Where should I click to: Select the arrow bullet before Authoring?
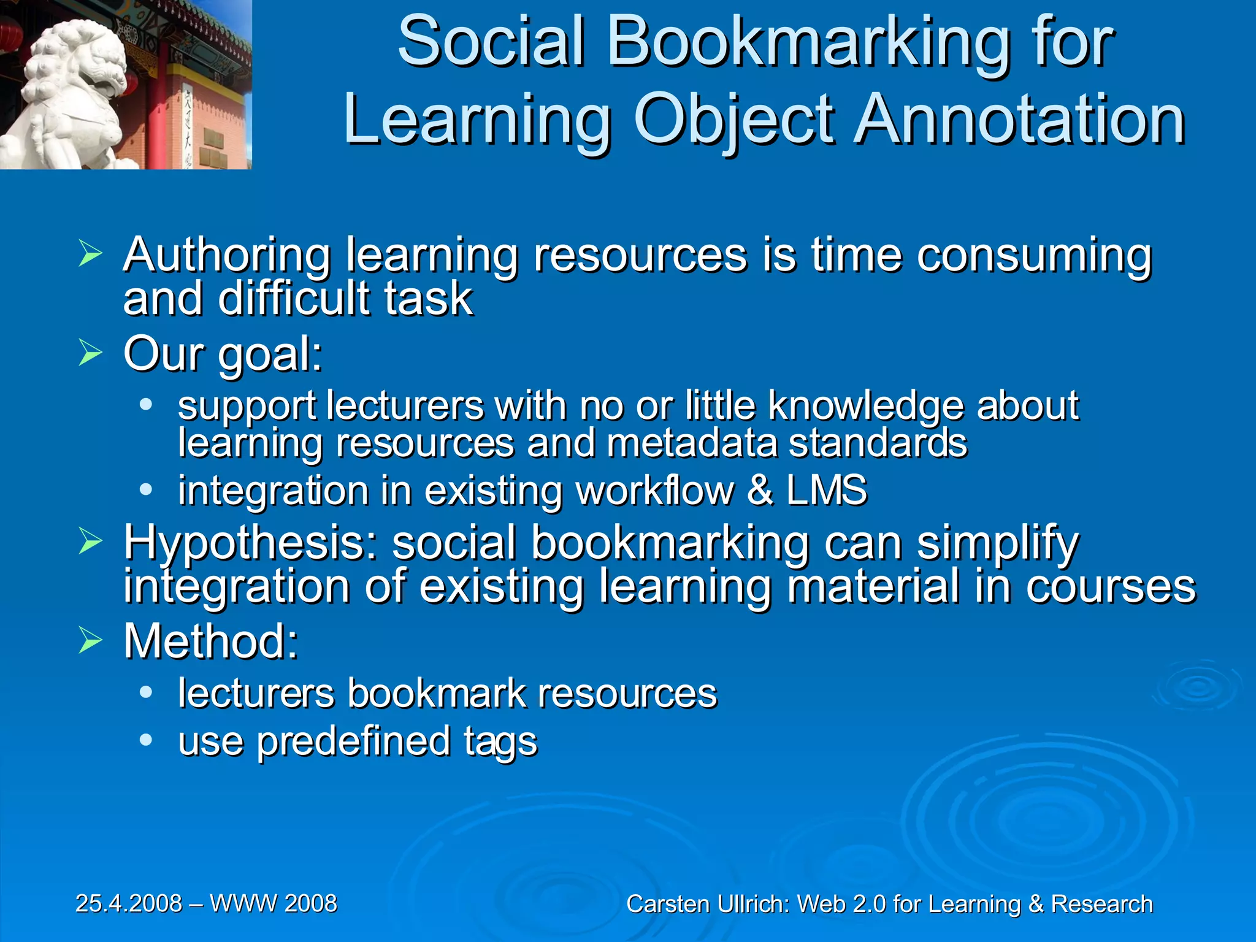[x=90, y=254]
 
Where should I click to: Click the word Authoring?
[x=227, y=255]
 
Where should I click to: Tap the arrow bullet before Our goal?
[x=90, y=353]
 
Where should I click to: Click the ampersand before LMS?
[x=760, y=491]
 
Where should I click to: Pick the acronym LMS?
[x=827, y=491]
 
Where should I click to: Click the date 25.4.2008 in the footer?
[x=129, y=903]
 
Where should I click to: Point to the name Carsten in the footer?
[x=668, y=905]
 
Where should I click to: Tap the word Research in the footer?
[x=1101, y=905]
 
